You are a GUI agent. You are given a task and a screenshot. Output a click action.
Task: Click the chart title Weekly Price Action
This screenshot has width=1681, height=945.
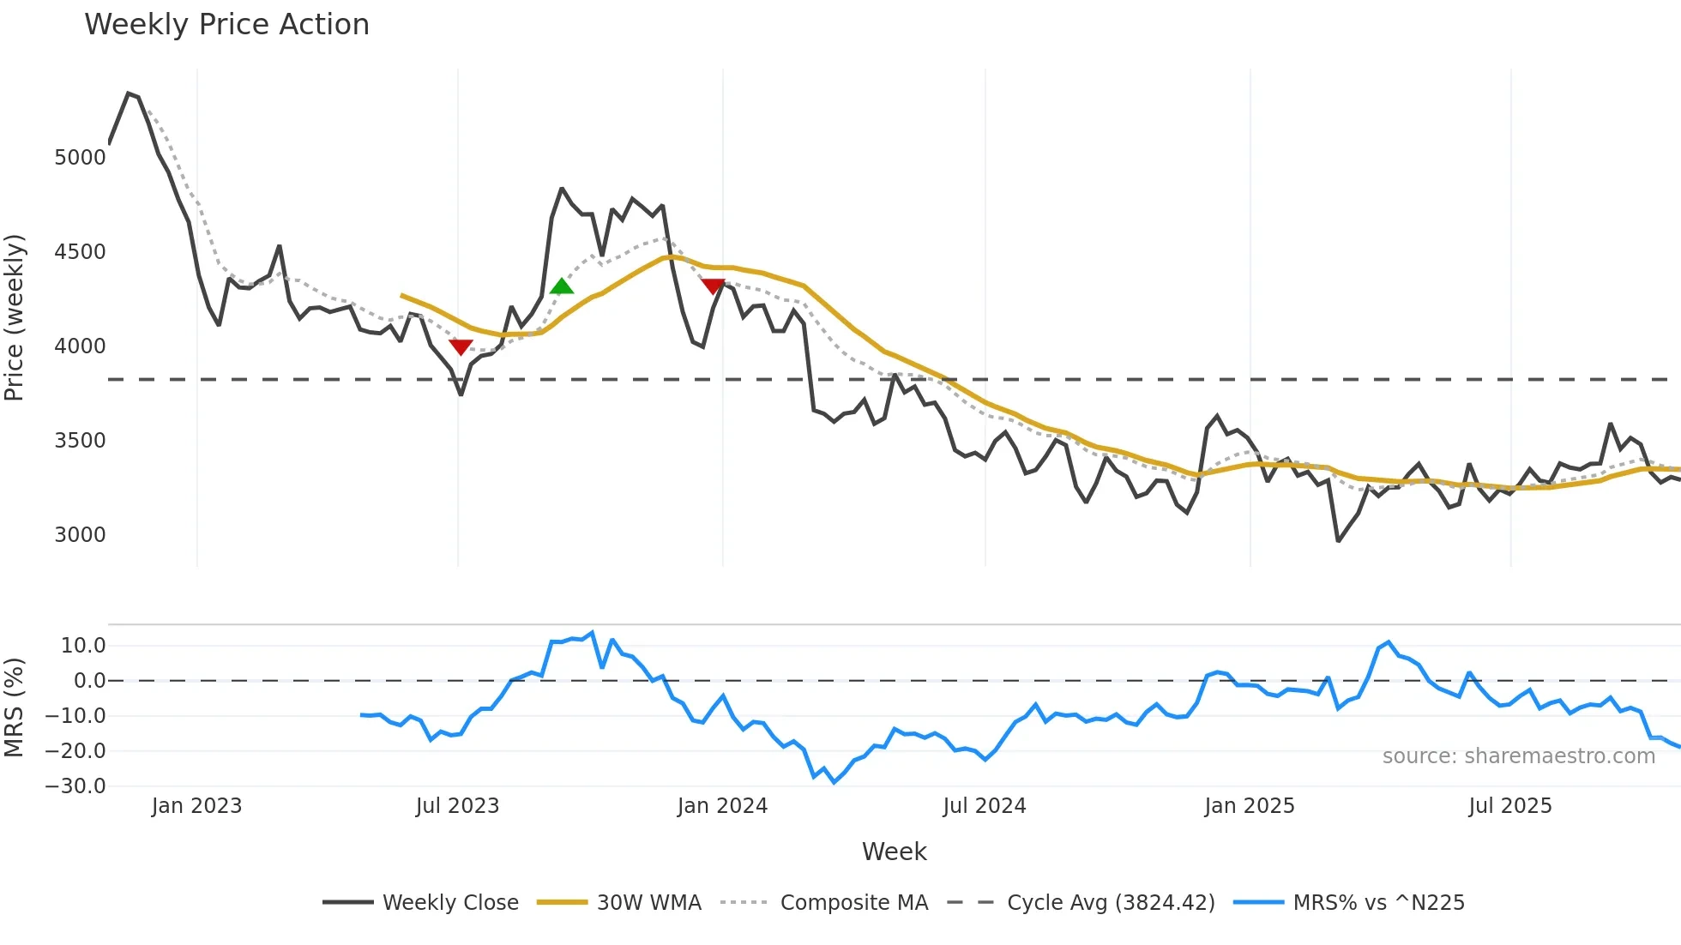pyautogui.click(x=226, y=25)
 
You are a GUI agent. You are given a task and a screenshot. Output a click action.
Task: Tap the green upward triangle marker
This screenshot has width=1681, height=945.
pyautogui.click(x=561, y=286)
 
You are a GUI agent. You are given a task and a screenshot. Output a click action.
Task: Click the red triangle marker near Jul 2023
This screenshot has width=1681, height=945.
pyautogui.click(x=461, y=346)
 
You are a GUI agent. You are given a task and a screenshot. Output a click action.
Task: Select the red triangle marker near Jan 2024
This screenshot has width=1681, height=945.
pyautogui.click(x=713, y=286)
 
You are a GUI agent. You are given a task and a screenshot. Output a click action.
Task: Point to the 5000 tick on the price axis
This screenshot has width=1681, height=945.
pyautogui.click(x=80, y=158)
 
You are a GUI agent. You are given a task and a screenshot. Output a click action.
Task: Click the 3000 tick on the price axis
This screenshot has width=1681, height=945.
pyautogui.click(x=80, y=535)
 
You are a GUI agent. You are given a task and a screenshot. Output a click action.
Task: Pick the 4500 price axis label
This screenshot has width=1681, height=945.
pyautogui.click(x=80, y=252)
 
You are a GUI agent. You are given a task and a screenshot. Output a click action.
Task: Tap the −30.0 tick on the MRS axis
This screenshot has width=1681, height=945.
pyautogui.click(x=75, y=786)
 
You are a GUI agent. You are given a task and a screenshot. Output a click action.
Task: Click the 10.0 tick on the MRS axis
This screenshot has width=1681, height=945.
pyautogui.click(x=83, y=646)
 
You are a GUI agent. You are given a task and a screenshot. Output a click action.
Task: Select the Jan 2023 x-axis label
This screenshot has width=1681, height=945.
pyautogui.click(x=196, y=806)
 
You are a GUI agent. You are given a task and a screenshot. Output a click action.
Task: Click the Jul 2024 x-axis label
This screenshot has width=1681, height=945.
pyautogui.click(x=984, y=806)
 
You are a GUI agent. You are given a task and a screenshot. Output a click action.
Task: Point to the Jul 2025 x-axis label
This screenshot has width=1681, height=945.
pyautogui.click(x=1509, y=806)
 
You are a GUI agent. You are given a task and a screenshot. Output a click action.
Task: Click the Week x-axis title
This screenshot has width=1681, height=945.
pyautogui.click(x=894, y=852)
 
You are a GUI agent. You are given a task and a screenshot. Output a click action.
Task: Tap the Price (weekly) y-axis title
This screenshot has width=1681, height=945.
pyautogui.click(x=15, y=317)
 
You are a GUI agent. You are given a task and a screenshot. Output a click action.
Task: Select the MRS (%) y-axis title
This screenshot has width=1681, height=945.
pyautogui.click(x=15, y=707)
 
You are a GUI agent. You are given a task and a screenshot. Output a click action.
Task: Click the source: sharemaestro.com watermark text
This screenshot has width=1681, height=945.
pyautogui.click(x=1518, y=756)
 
